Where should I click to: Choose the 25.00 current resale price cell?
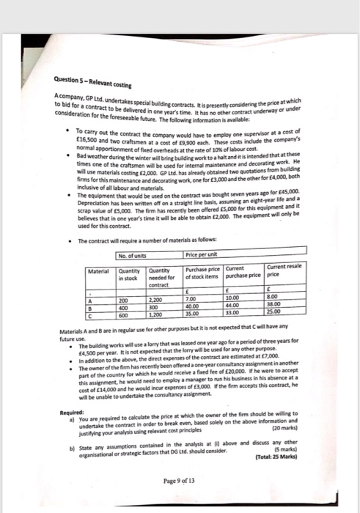click(293, 313)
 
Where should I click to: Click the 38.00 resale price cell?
click(293, 306)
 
